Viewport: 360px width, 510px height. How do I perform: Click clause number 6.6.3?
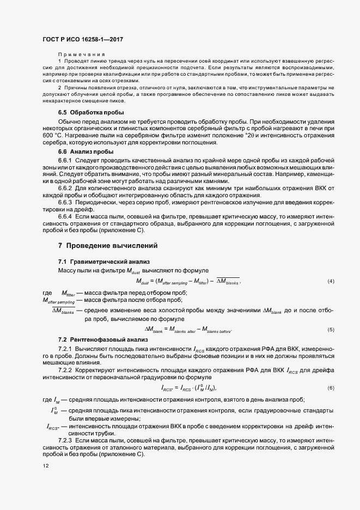coord(65,202)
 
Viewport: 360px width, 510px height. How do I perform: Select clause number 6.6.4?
coord(65,216)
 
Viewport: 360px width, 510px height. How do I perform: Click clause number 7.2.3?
coord(65,439)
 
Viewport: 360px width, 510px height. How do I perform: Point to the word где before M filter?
coord(47,293)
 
